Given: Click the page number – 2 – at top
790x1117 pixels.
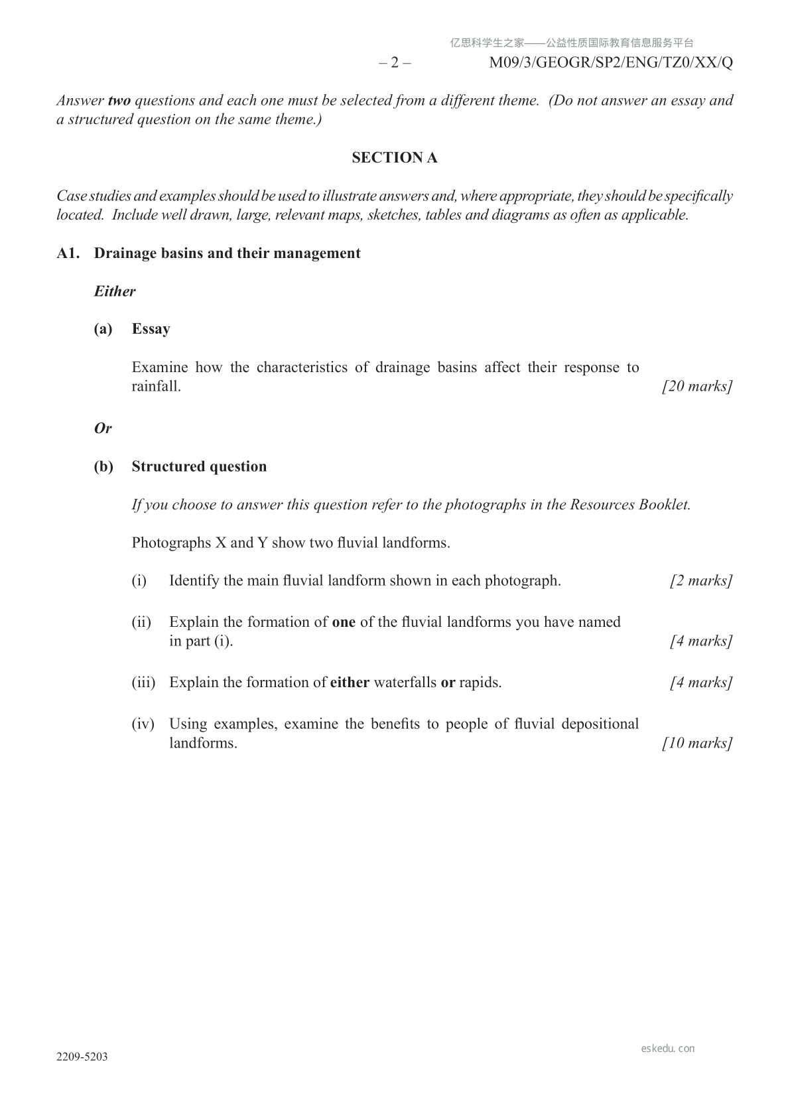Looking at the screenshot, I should pyautogui.click(x=395, y=63).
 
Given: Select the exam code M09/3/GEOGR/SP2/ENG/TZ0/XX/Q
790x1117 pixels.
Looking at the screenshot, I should pyautogui.click(x=611, y=63).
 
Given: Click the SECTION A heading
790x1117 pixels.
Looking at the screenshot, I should pyautogui.click(x=395, y=158).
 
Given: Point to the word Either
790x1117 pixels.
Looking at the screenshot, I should pyautogui.click(x=115, y=292).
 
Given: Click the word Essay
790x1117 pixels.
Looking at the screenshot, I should pyautogui.click(x=151, y=330).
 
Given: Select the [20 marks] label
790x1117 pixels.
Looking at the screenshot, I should pyautogui.click(x=697, y=387).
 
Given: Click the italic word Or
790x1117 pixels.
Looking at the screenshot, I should pyautogui.click(x=103, y=428).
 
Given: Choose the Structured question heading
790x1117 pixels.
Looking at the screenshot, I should pyautogui.click(x=199, y=467).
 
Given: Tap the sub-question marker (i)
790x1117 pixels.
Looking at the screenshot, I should pyautogui.click(x=139, y=581).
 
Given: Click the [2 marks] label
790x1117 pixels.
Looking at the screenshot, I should pyautogui.click(x=701, y=581).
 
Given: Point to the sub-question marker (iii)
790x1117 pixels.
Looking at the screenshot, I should pyautogui.click(x=143, y=683).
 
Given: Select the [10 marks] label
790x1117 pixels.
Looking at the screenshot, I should pyautogui.click(x=697, y=743).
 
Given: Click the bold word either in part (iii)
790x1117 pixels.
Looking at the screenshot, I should pyautogui.click(x=350, y=683).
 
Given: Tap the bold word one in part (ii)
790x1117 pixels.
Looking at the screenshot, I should pyautogui.click(x=344, y=622).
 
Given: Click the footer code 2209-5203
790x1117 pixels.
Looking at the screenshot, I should pyautogui.click(x=82, y=1057).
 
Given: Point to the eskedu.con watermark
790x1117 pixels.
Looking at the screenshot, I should pyautogui.click(x=668, y=1049).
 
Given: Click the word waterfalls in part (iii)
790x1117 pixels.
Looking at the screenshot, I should pyautogui.click(x=405, y=683).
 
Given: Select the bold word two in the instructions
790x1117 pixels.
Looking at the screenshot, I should pyautogui.click(x=119, y=101).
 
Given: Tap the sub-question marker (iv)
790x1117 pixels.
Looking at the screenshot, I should pyautogui.click(x=143, y=724).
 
